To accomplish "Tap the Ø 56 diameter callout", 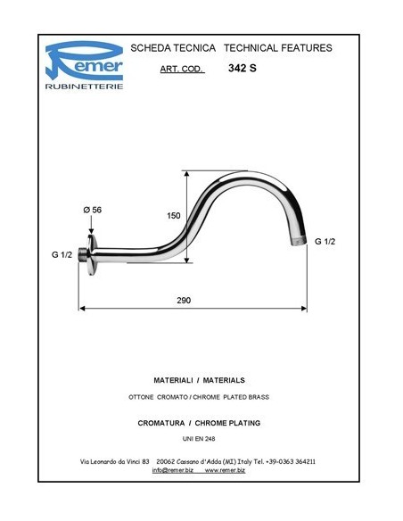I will coord(91,209).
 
